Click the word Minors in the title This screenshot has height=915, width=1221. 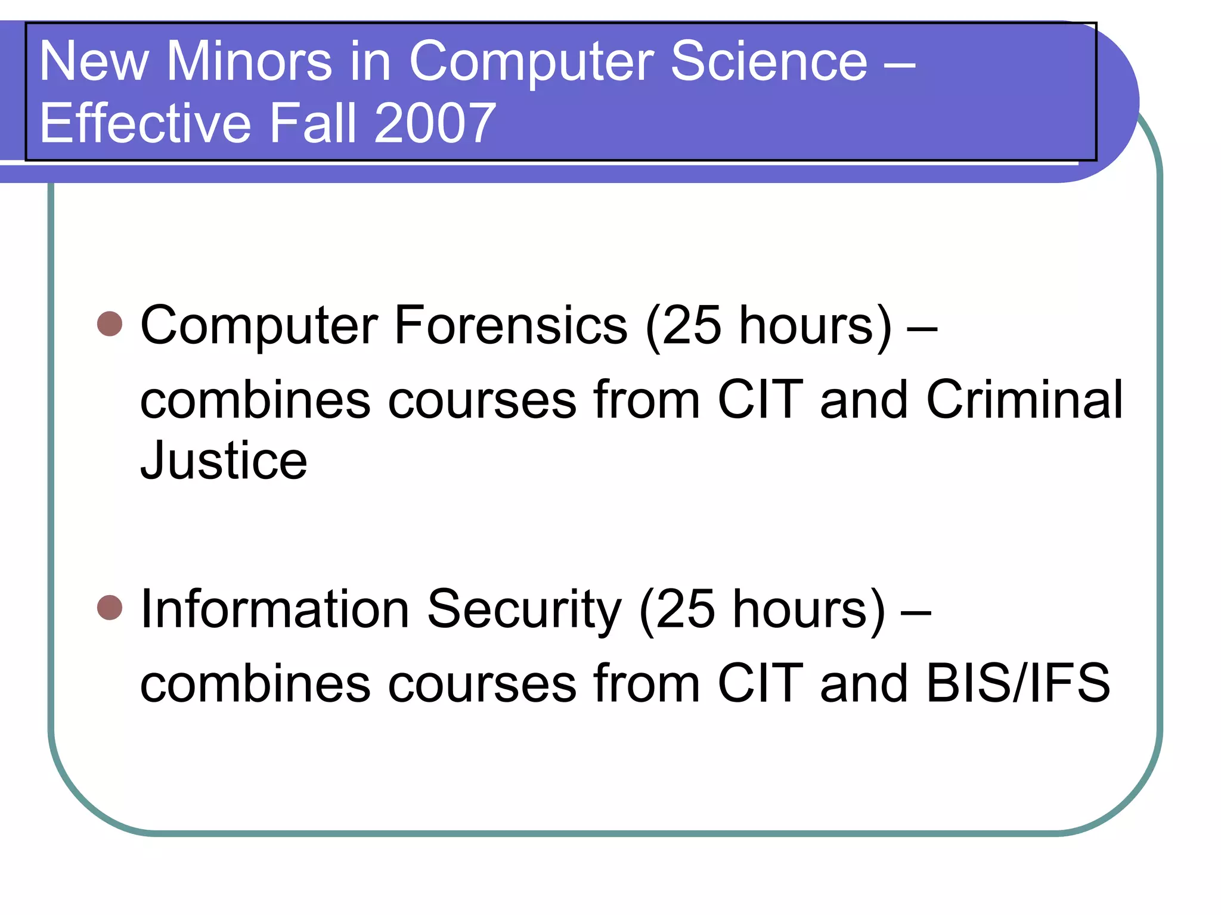click(x=249, y=61)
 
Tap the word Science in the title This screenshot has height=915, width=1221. click(x=769, y=61)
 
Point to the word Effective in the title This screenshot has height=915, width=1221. click(x=145, y=123)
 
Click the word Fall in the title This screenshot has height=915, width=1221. click(x=314, y=123)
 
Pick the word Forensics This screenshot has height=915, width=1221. click(x=510, y=325)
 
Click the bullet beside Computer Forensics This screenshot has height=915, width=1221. click(x=110, y=323)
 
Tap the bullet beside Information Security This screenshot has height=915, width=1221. click(x=110, y=608)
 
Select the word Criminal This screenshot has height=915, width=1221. click(x=1024, y=400)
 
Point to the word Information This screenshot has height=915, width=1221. click(x=274, y=609)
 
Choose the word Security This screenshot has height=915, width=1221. click(x=525, y=610)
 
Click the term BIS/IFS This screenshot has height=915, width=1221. click(x=1018, y=683)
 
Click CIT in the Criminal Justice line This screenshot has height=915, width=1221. click(x=760, y=400)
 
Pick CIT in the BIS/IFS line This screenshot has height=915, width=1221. click(x=760, y=683)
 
